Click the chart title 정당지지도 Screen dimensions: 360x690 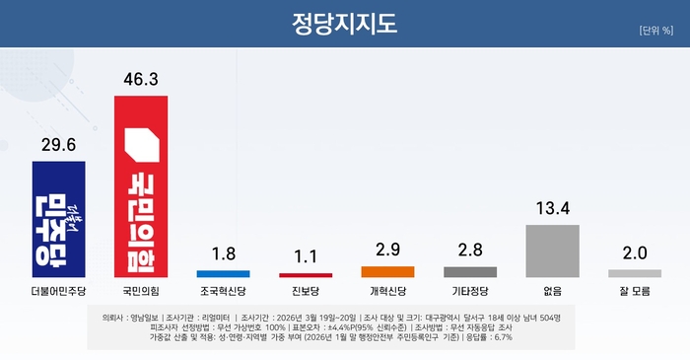point(345,23)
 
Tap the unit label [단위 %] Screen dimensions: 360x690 point(655,30)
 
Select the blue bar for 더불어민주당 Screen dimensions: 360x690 point(59,219)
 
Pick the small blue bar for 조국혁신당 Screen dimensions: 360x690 point(224,272)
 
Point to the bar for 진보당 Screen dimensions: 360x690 point(306,274)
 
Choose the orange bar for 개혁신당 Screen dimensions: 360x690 point(387,271)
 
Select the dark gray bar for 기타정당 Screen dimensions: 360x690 point(470,271)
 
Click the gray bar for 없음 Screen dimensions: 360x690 point(552,251)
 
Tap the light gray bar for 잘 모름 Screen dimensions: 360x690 point(634,273)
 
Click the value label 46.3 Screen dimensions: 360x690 point(141,76)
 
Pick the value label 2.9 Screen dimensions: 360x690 point(387,249)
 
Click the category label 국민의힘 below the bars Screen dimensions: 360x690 point(141,292)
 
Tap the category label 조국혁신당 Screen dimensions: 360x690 point(224,292)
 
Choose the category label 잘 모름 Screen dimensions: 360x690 point(634,292)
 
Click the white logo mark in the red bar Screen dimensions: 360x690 point(141,148)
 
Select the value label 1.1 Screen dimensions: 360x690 point(306,256)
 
